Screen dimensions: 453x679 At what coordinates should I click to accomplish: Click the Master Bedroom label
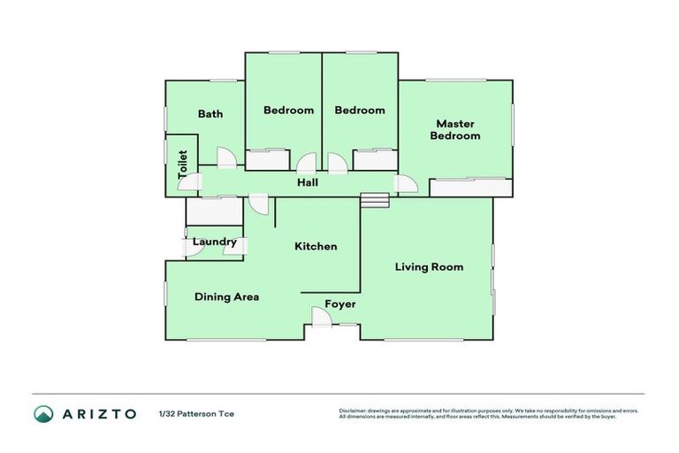(454, 130)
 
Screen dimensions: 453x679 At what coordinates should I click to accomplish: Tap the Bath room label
(210, 113)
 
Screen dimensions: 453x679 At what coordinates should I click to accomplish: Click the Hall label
(307, 182)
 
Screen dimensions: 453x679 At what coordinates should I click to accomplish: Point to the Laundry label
(215, 242)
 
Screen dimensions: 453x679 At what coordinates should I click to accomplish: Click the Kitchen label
(316, 246)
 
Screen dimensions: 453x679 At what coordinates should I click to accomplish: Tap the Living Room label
(429, 266)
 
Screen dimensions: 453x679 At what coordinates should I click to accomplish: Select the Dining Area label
(226, 296)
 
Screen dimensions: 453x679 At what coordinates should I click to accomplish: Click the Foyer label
(340, 303)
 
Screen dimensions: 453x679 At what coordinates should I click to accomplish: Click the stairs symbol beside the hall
(375, 201)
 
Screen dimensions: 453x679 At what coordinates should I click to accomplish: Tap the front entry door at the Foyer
(322, 317)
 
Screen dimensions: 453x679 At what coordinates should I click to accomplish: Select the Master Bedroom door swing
(406, 184)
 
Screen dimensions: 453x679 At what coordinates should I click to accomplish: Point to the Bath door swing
(226, 157)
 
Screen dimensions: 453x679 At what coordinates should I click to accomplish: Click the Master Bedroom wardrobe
(469, 188)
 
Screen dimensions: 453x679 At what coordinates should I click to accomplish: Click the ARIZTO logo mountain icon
(43, 414)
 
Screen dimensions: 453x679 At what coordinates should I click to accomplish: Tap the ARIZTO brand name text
(99, 414)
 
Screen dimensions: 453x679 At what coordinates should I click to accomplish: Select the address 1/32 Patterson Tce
(196, 414)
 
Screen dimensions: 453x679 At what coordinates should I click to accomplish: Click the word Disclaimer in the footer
(353, 411)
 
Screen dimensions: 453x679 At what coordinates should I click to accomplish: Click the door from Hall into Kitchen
(259, 203)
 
